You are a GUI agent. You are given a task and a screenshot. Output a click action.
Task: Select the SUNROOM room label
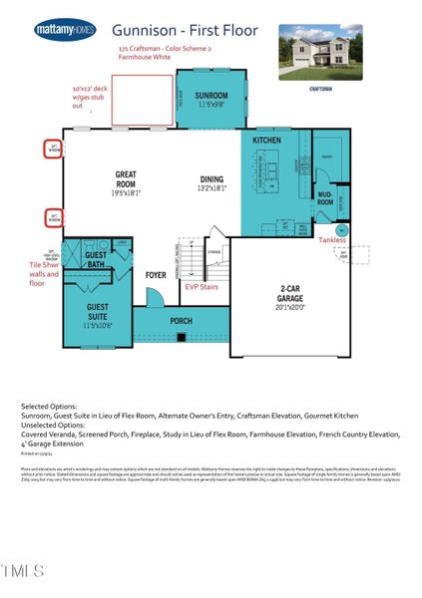211,98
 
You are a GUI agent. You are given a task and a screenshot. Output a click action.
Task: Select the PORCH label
182,320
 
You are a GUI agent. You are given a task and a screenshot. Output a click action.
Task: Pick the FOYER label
156,274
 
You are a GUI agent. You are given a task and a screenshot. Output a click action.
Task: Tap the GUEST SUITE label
98,313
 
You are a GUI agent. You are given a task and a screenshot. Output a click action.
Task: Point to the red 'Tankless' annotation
334,239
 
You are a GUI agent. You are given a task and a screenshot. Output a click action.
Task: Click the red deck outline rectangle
142,101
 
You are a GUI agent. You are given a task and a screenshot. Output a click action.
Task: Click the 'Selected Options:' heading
46,407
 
